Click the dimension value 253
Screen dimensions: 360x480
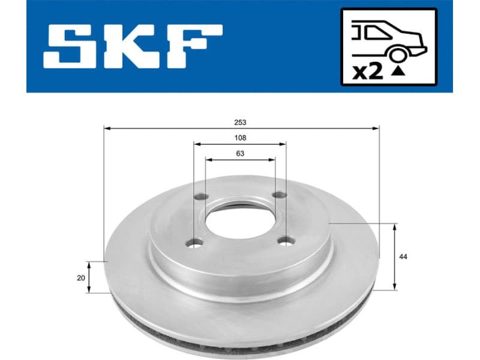tap(241, 122)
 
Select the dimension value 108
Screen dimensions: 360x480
tap(241, 137)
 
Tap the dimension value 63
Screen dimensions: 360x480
tap(241, 154)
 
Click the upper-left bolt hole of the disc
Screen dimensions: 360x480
tap(201, 197)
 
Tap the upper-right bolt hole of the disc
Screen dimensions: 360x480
tap(278, 194)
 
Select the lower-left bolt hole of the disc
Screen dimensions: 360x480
tap(194, 243)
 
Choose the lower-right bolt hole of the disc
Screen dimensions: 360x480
tap(287, 242)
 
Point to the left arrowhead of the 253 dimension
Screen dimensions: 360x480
tap(107, 128)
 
